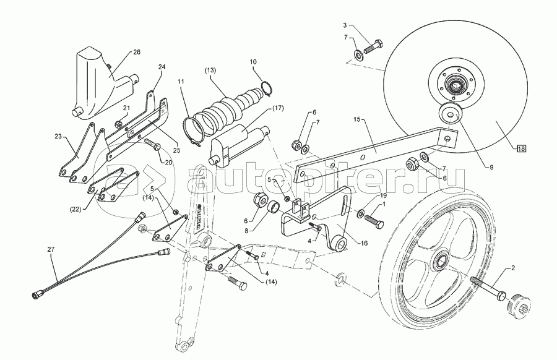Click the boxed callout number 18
(521, 148)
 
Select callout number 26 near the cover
(136, 52)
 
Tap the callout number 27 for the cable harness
(51, 249)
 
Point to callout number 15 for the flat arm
(358, 119)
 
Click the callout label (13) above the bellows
(210, 70)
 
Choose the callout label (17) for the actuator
(277, 108)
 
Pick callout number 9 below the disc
(491, 168)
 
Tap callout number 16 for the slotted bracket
(364, 243)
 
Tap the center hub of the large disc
(455, 86)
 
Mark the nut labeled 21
(119, 124)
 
